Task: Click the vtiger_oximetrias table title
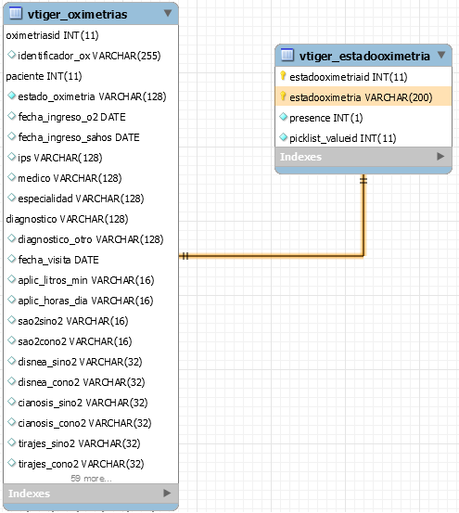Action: click(x=78, y=15)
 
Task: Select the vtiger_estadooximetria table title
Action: click(x=364, y=56)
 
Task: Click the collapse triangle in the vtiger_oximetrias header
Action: click(x=168, y=13)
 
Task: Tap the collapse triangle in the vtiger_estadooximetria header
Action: click(x=441, y=55)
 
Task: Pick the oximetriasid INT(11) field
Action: click(x=52, y=35)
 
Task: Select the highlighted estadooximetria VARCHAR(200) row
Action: click(x=363, y=96)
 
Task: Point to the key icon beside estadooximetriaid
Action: click(x=283, y=76)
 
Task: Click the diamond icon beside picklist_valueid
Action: click(x=283, y=137)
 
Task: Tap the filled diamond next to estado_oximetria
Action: click(x=12, y=96)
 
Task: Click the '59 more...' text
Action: click(x=91, y=479)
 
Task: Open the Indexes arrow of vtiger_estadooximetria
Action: click(x=440, y=157)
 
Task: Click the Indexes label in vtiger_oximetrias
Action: click(x=29, y=494)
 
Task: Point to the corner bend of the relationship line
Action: click(x=363, y=256)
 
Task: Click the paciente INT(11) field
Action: click(x=44, y=76)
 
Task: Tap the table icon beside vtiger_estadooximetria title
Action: click(x=287, y=55)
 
